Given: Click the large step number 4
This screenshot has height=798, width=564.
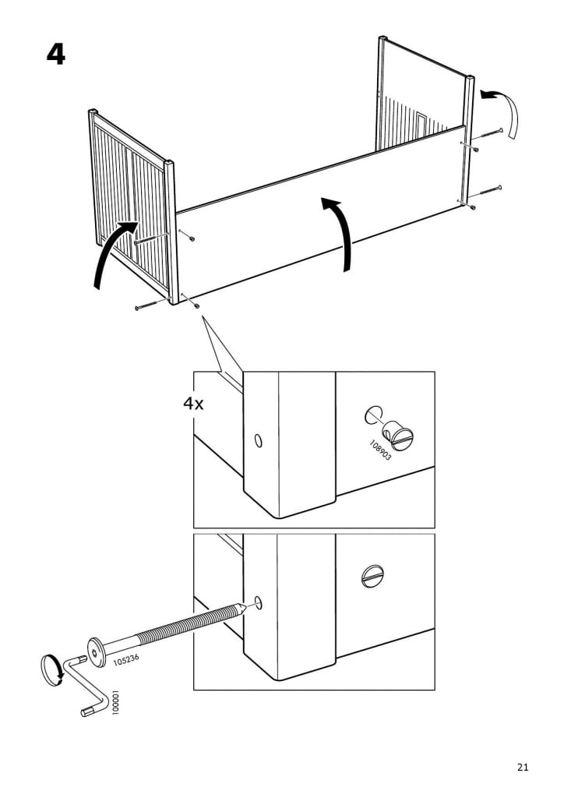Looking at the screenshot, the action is coord(56,54).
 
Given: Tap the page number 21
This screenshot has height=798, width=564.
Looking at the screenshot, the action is coord(523,767).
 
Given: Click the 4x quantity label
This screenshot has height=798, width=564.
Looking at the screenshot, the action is coord(193,404).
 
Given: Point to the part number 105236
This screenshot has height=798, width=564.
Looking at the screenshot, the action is coord(125,660).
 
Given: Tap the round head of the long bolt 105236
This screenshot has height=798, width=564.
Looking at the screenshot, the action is coord(96,652).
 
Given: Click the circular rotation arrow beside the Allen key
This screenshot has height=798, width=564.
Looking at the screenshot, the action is coord(51,669).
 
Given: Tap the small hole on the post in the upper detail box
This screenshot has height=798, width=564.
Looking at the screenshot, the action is coord(259,440).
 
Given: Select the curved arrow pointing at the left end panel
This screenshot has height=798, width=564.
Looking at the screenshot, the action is coord(113,249).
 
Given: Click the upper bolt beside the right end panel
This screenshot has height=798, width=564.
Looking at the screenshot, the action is coord(487,134).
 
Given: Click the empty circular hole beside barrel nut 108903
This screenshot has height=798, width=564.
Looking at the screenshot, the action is coord(374,415).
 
